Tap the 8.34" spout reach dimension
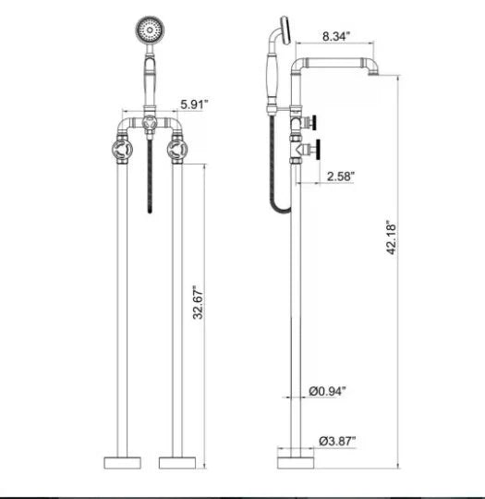334,38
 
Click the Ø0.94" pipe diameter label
328,393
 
